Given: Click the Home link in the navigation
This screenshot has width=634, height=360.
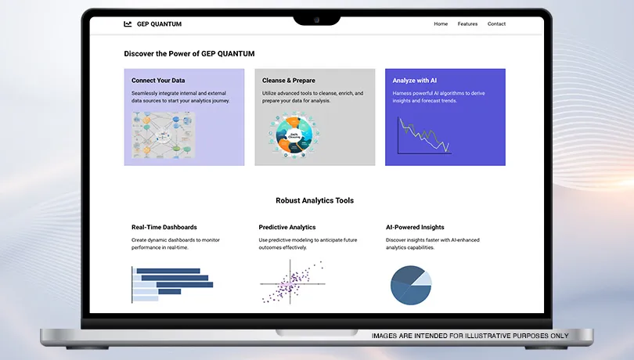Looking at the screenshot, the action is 441,23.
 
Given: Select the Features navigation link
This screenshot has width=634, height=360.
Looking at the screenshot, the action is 467,23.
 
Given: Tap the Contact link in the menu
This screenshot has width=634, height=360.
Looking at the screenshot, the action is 496,23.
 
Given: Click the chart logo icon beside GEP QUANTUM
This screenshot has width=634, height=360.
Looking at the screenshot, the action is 128,23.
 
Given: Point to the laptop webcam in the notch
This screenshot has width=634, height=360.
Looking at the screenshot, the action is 316,20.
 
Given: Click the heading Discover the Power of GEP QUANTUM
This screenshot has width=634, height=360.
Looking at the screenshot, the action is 189,54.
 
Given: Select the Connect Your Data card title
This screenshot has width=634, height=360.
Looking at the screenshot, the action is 158,81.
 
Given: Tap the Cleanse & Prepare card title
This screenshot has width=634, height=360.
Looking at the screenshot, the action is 289,81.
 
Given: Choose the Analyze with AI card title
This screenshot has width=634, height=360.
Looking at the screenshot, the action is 414,81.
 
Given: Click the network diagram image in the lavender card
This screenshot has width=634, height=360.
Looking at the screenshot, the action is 164,135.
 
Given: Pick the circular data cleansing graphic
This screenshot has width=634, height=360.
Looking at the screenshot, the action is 294,135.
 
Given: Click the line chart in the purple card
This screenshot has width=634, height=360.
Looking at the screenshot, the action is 424,135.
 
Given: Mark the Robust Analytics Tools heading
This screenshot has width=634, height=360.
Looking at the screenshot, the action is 315,200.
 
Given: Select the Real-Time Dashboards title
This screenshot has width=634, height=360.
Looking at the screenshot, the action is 164,227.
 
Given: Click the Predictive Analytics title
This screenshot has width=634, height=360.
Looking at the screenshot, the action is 287,227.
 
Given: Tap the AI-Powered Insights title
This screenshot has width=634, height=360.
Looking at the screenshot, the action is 415,227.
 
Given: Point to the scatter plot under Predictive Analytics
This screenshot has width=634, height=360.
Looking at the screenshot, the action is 292,282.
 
